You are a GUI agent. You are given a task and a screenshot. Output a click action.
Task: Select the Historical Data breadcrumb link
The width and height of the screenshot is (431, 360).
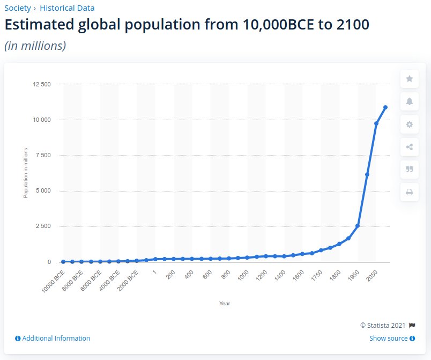point(67,8)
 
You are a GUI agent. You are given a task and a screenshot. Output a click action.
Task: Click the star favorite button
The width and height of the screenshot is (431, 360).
point(410,79)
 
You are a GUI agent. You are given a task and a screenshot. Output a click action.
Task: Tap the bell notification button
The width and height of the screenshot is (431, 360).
point(410,101)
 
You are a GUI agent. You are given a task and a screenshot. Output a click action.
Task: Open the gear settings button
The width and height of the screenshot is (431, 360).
point(410,124)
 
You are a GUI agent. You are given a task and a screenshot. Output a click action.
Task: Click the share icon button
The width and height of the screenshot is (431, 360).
point(410,147)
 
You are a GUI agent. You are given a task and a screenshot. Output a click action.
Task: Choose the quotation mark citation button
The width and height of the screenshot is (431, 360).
point(410,170)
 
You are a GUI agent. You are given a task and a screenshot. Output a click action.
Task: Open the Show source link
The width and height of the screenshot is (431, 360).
point(392,339)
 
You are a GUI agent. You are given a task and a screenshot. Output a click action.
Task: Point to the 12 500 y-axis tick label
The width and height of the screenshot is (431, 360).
point(41,84)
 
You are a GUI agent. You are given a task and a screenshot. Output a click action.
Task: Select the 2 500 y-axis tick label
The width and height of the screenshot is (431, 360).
point(43,226)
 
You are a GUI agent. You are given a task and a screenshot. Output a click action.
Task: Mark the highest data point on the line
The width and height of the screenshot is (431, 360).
point(385,107)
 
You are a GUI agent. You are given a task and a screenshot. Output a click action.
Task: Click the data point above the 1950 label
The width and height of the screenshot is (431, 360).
point(358,226)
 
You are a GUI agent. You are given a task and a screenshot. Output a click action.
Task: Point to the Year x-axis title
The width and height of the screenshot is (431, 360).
point(225,304)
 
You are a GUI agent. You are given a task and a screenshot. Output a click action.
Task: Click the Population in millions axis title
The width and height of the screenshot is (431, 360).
point(25,173)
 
